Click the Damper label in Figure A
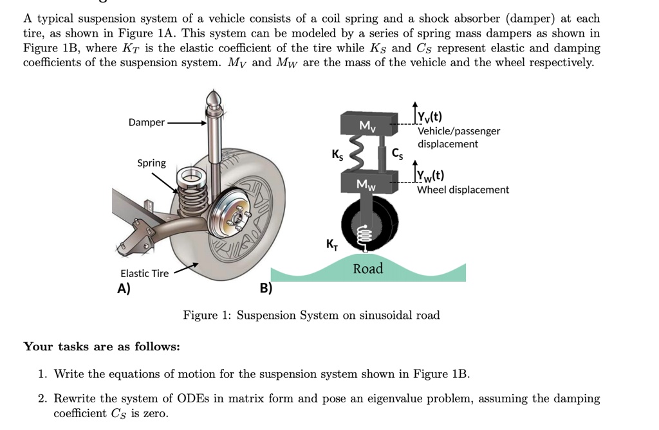tap(146, 122)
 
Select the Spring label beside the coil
tap(151, 163)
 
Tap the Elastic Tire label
tap(144, 273)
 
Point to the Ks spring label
tap(337, 154)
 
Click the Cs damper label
tap(398, 154)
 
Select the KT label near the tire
tap(331, 244)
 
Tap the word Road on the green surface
tap(367, 269)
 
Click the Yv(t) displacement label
tap(429, 117)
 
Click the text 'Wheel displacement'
tap(463, 190)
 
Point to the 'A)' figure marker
tap(124, 288)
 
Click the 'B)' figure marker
tap(266, 288)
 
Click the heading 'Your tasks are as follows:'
tap(102, 346)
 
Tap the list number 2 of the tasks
tap(42, 399)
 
